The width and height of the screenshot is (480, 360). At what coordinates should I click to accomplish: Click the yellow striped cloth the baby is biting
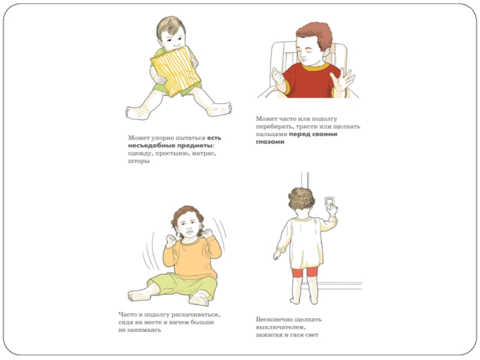[176, 71]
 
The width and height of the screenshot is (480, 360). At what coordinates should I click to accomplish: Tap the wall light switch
[329, 202]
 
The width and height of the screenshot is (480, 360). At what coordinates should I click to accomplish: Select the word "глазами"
[270, 142]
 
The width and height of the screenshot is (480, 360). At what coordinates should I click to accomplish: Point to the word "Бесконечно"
[274, 319]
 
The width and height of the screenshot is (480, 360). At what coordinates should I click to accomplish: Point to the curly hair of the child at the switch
[301, 199]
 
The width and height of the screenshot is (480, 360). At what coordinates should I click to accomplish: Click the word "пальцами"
[271, 134]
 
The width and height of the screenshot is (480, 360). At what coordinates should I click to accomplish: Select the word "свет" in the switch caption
[311, 335]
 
